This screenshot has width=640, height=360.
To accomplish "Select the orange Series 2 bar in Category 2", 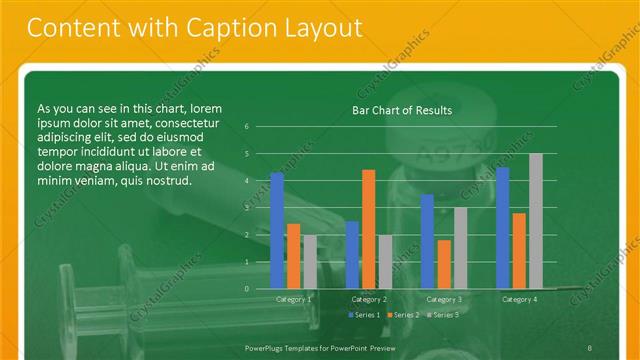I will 368,229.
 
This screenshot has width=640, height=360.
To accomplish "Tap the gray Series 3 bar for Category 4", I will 535,221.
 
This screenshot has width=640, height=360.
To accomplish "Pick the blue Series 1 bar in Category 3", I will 427,241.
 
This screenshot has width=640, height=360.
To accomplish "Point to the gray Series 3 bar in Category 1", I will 309,262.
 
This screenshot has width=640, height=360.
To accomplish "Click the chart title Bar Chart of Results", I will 402,110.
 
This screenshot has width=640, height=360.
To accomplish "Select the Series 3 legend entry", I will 443,315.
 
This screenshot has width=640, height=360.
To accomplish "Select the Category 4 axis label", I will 518,299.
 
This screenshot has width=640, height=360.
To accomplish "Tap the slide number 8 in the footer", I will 591,346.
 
